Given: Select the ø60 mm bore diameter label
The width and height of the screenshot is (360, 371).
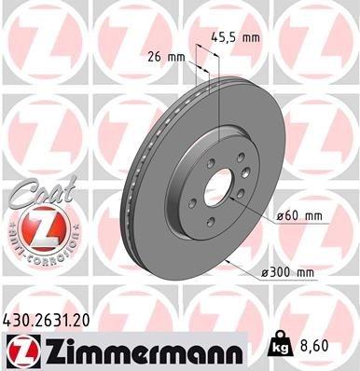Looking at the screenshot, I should [x=299, y=217].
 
